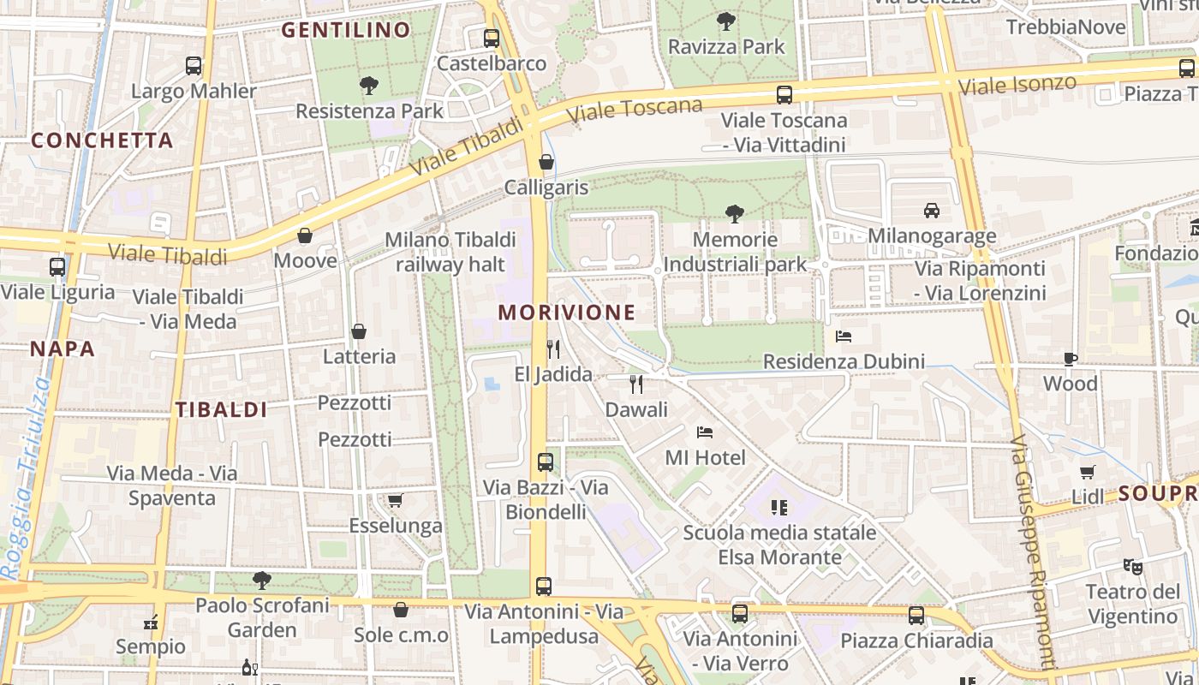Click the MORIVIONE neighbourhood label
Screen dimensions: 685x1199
567,313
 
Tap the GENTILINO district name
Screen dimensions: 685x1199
346,30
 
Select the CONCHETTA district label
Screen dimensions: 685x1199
102,140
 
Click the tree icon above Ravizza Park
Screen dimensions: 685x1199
726,21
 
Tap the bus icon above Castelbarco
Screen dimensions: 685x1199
491,39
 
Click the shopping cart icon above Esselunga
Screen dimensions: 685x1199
395,500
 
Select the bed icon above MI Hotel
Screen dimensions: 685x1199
705,432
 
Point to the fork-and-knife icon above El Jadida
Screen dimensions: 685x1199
553,348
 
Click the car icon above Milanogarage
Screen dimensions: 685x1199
931,210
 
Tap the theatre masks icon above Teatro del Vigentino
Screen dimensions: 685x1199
1133,566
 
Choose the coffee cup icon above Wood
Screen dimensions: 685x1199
1070,359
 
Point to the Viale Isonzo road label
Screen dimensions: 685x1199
1017,85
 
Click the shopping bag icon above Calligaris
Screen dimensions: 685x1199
546,162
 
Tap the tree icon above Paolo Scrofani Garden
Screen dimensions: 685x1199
262,581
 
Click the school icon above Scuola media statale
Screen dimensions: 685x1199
779,508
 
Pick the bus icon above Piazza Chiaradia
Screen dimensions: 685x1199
916,615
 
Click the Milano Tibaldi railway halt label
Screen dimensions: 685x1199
450,252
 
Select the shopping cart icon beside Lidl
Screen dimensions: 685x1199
1088,472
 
